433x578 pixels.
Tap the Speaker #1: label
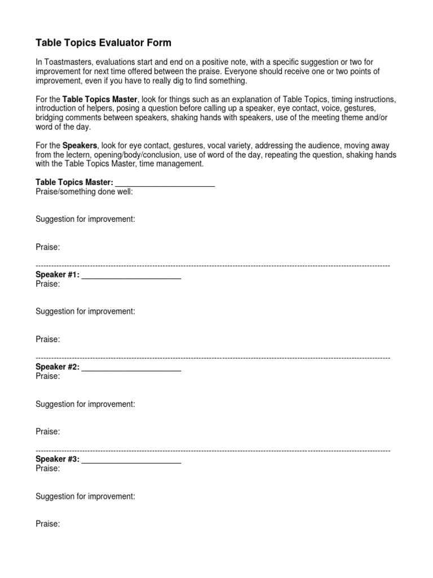tap(58, 275)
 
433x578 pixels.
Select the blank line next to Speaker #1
tap(131, 277)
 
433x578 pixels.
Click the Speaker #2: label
tap(58, 367)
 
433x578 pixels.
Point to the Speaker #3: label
tap(58, 459)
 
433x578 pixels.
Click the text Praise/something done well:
tap(85, 191)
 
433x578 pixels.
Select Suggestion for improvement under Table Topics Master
tap(85, 219)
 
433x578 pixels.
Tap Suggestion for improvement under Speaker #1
tap(85, 312)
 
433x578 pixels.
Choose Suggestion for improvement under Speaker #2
tap(85, 404)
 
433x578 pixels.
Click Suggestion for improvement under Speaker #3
tap(85, 497)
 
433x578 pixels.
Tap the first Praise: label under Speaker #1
tap(48, 284)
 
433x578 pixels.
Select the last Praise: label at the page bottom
tap(48, 524)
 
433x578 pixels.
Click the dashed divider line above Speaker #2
tap(213, 358)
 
